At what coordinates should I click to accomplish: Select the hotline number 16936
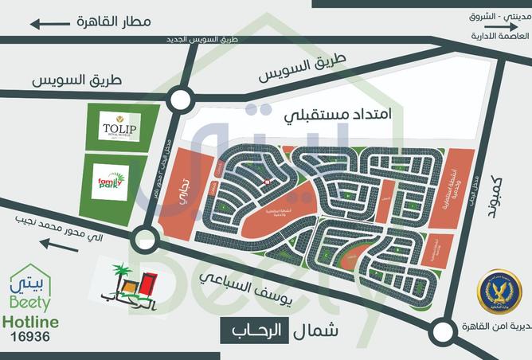pos(30,337)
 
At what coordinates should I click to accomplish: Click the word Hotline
pos(31,321)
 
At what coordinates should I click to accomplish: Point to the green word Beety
pos(31,303)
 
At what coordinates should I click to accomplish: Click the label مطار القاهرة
pos(111,22)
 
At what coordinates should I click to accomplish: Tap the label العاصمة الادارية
pos(499,37)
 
